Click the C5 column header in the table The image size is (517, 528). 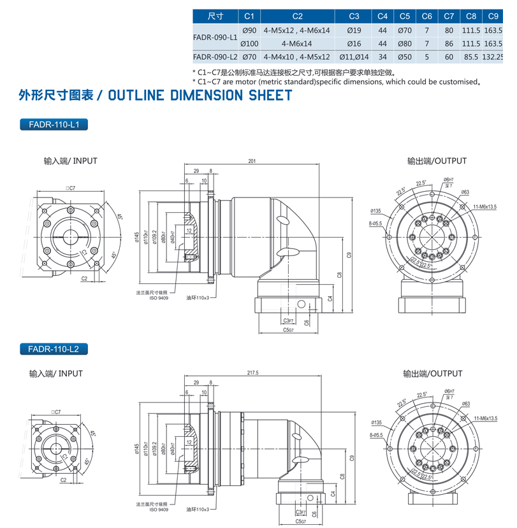pos(404,16)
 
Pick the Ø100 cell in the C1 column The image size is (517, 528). pos(249,43)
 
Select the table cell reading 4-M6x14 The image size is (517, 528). pos(296,43)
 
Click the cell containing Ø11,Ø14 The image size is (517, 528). pos(354,57)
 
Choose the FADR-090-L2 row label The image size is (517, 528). pos(215,57)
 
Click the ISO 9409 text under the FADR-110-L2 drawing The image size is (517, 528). pos(159,510)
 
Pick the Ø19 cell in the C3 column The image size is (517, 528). pos(354,30)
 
